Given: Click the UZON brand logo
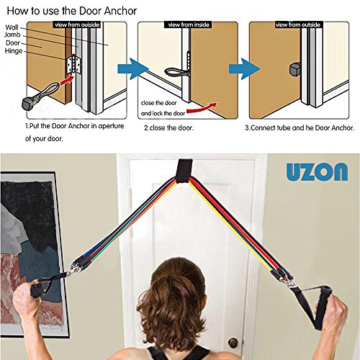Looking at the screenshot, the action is point(317,171).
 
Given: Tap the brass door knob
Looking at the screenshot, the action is point(233,343).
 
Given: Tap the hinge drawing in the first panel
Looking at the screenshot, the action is point(73,64).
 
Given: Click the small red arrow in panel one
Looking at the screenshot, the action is point(67,80).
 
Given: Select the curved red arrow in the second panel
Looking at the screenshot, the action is point(202,109).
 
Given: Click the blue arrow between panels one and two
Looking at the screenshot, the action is point(132,69).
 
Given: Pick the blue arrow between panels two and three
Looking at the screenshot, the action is point(244,69).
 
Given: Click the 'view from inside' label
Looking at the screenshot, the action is point(189,24).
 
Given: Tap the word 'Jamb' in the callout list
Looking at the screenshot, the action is point(12,35).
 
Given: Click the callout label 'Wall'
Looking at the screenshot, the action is point(12,27).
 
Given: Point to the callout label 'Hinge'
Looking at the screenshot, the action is point(14,51).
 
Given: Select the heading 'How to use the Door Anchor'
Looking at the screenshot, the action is point(72,11).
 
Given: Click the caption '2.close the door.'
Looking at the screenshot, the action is point(168,127).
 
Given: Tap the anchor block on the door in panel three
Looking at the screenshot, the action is point(295,69).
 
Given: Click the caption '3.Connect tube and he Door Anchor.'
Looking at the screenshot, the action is point(300,127).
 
